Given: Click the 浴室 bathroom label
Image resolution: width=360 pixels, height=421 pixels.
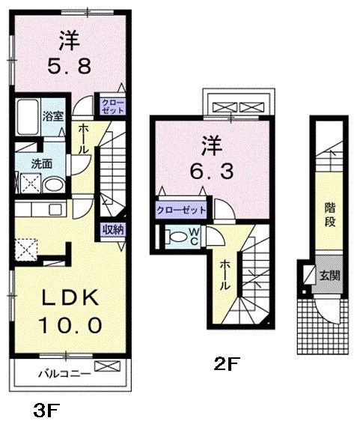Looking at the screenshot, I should (x=52, y=116).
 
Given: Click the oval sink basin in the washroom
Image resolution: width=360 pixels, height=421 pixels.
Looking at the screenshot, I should (x=52, y=184).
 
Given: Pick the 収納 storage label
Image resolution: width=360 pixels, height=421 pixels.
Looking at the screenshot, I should (x=113, y=230).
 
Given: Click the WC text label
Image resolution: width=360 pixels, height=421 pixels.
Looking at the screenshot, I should (x=193, y=236).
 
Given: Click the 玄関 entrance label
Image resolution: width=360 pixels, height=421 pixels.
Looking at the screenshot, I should (x=329, y=276).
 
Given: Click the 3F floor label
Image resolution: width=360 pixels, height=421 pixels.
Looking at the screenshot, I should (x=46, y=409).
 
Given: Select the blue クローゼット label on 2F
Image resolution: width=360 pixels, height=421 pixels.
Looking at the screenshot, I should (x=181, y=210).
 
